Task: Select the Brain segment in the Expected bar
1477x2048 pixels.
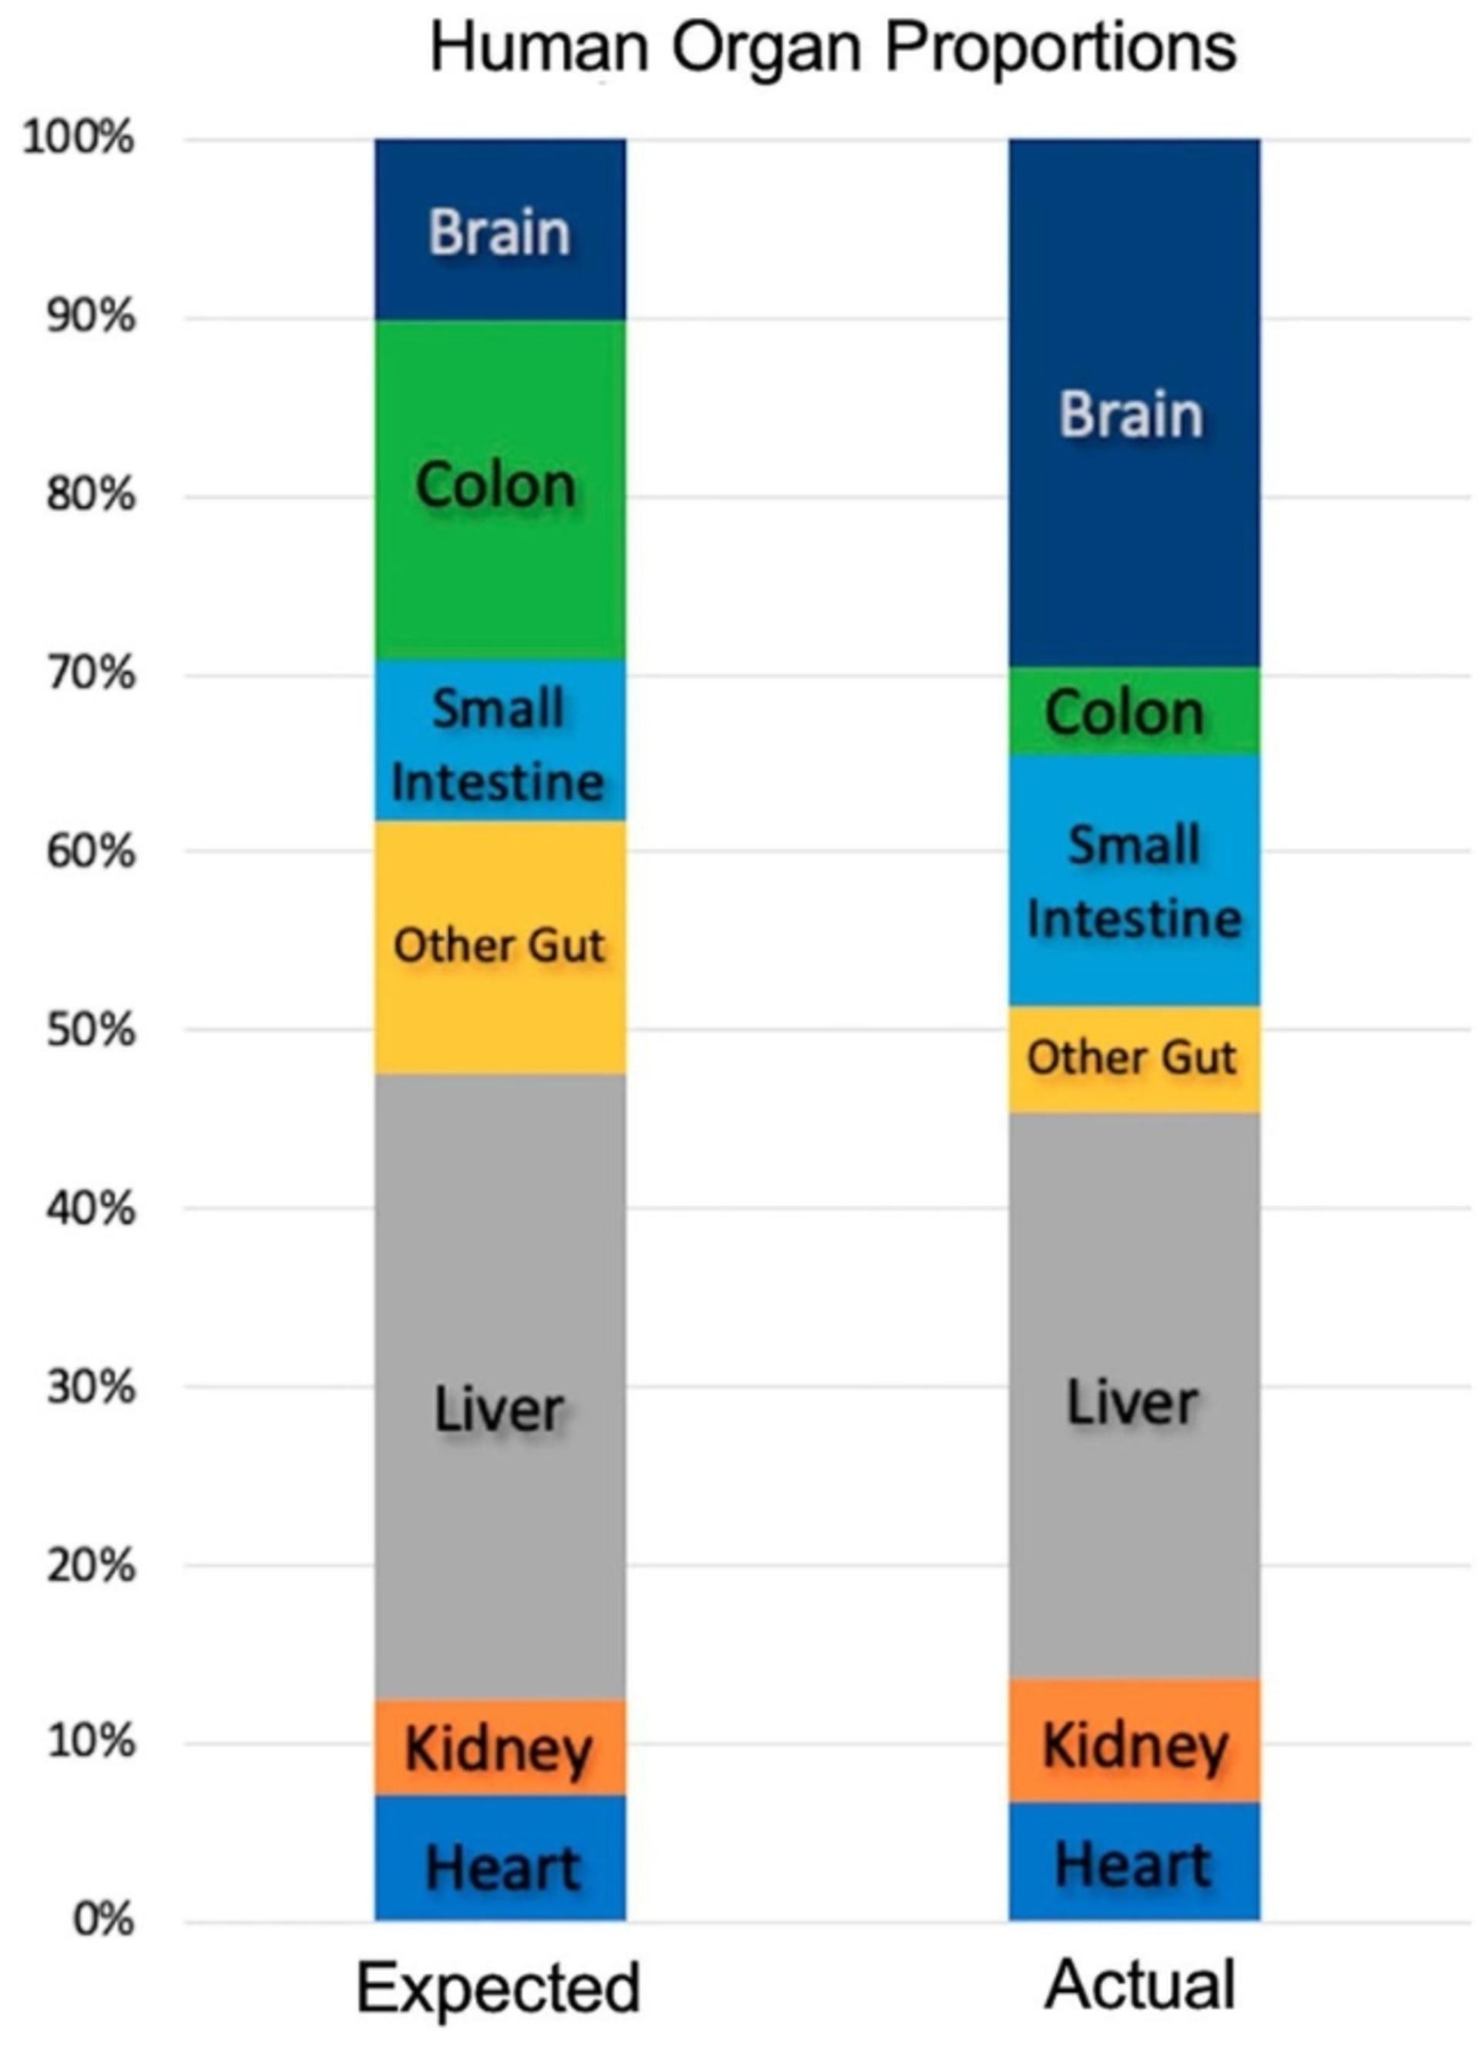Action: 500,229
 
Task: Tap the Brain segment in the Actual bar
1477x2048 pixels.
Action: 1134,402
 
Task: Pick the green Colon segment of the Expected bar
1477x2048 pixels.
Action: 500,489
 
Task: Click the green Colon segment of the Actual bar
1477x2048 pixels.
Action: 1134,712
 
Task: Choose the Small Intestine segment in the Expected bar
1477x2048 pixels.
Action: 500,740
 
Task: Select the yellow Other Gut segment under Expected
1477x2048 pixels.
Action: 500,947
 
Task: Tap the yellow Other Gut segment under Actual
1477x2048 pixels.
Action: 1134,1060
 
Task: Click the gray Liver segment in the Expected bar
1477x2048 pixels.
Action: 500,1387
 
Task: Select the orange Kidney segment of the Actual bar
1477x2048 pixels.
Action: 1134,1741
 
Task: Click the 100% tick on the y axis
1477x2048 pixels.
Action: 79,139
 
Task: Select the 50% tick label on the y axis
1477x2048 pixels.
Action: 90,1030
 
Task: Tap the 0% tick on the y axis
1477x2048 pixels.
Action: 103,1920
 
